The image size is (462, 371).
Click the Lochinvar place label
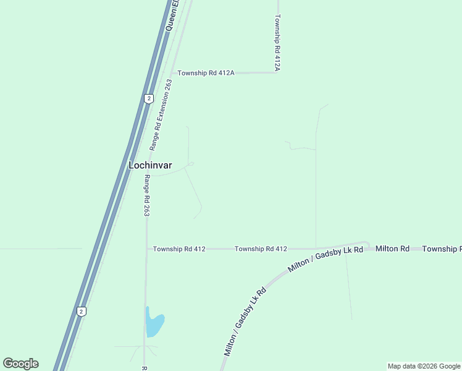[150, 165]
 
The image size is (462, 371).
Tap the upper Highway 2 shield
[148, 98]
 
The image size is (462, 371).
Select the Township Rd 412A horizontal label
[206, 73]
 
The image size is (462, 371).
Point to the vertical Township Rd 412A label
[278, 43]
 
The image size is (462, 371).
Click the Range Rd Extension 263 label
[160, 115]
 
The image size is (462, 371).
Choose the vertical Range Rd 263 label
[147, 195]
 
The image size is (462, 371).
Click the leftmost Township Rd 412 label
[179, 249]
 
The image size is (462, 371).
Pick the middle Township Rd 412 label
[261, 249]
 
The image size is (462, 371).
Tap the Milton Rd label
[392, 249]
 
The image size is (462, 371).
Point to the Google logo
[20, 364]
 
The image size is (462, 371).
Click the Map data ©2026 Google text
[424, 366]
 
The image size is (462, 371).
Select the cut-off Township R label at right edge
[442, 249]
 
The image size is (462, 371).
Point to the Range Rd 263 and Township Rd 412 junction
[147, 249]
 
